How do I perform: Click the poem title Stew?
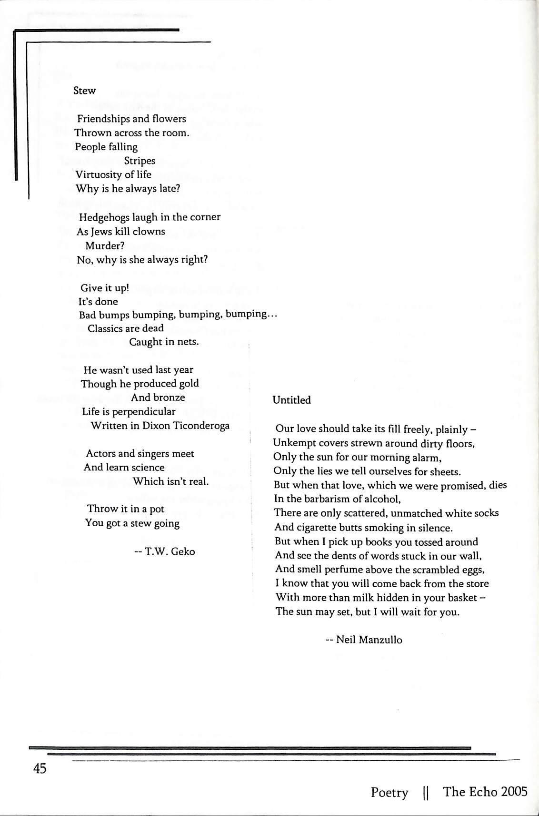(84, 91)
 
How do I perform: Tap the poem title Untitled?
(291, 400)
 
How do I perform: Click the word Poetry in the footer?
(389, 793)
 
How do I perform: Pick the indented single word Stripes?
(140, 161)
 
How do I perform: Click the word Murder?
(104, 246)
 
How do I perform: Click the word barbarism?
(325, 499)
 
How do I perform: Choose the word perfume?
(344, 570)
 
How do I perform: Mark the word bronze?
(169, 398)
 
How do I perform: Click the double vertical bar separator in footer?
(426, 793)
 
